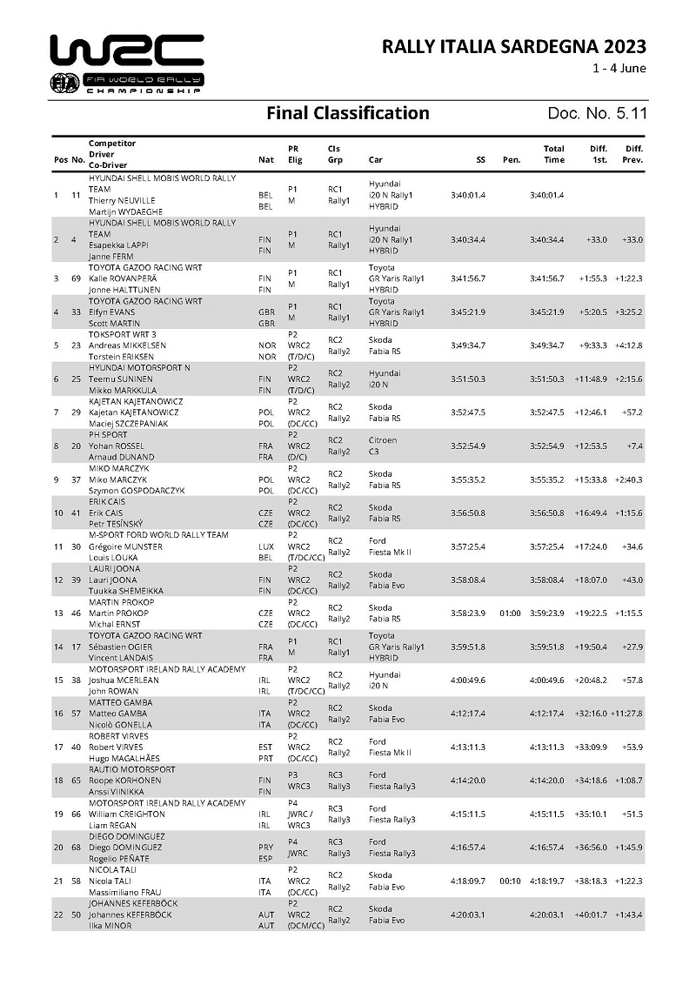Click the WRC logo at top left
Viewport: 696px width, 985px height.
tap(127, 64)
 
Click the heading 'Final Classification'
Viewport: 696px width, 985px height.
tap(347, 113)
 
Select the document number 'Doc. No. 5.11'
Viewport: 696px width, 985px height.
tap(597, 113)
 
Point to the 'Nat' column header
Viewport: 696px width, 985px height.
tap(266, 159)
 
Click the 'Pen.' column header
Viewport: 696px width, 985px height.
tap(512, 159)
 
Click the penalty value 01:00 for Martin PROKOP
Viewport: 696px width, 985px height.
tap(511, 613)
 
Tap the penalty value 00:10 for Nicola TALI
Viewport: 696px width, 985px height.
tap(511, 881)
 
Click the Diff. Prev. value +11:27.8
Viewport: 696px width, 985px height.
tap(626, 714)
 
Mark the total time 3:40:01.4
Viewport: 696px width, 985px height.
tap(547, 195)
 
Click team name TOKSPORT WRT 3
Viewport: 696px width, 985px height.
tap(123, 334)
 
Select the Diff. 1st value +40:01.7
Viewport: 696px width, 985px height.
tap(592, 914)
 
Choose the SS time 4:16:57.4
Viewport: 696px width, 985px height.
tap(468, 847)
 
